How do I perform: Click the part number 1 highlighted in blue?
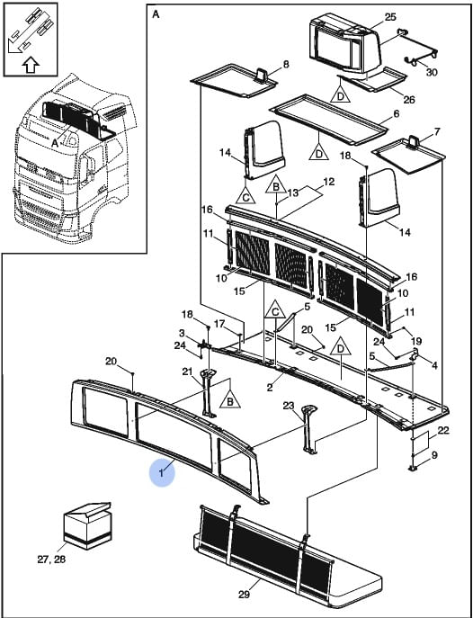point(162,473)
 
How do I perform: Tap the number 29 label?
point(244,594)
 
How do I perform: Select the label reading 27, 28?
point(51,560)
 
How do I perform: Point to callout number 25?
point(390,17)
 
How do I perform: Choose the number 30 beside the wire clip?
point(432,72)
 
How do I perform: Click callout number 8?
point(286,64)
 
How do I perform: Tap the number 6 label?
point(397,114)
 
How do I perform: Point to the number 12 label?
point(328,182)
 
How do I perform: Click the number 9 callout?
point(434,455)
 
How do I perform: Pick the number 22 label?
point(443,431)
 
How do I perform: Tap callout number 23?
point(289,406)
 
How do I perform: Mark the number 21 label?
point(187,371)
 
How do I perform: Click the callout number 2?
point(270,388)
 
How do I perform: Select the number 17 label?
point(219,324)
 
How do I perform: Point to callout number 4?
point(434,366)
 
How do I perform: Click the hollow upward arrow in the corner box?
point(31,65)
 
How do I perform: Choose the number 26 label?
point(409,99)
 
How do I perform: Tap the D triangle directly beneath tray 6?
point(319,151)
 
